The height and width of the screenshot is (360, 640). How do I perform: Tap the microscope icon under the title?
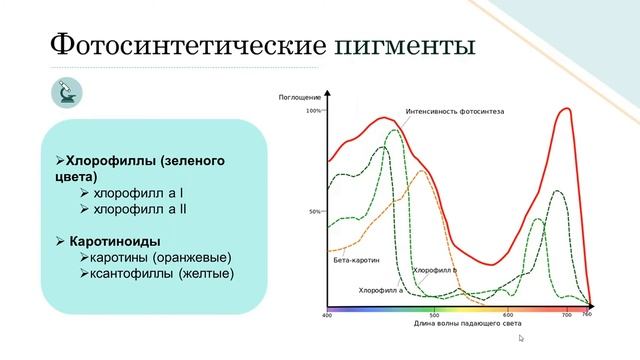tap(67, 94)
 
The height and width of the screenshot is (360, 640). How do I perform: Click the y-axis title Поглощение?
tap(299, 97)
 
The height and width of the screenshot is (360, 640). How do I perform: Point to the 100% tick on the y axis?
tap(313, 111)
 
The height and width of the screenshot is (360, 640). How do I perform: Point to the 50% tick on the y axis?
tap(315, 212)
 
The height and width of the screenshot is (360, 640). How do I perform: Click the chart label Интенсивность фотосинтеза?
tap(455, 110)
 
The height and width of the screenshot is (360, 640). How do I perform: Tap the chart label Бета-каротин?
tap(356, 260)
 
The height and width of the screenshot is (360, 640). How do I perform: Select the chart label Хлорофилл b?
tap(435, 270)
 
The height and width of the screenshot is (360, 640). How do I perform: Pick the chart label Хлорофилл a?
tap(381, 290)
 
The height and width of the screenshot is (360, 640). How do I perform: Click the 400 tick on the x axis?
tap(327, 315)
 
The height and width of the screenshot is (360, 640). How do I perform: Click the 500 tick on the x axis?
tap(434, 315)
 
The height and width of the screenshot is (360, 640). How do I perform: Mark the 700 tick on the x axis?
tap(565, 315)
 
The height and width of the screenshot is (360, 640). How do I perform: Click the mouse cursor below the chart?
tap(520, 339)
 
